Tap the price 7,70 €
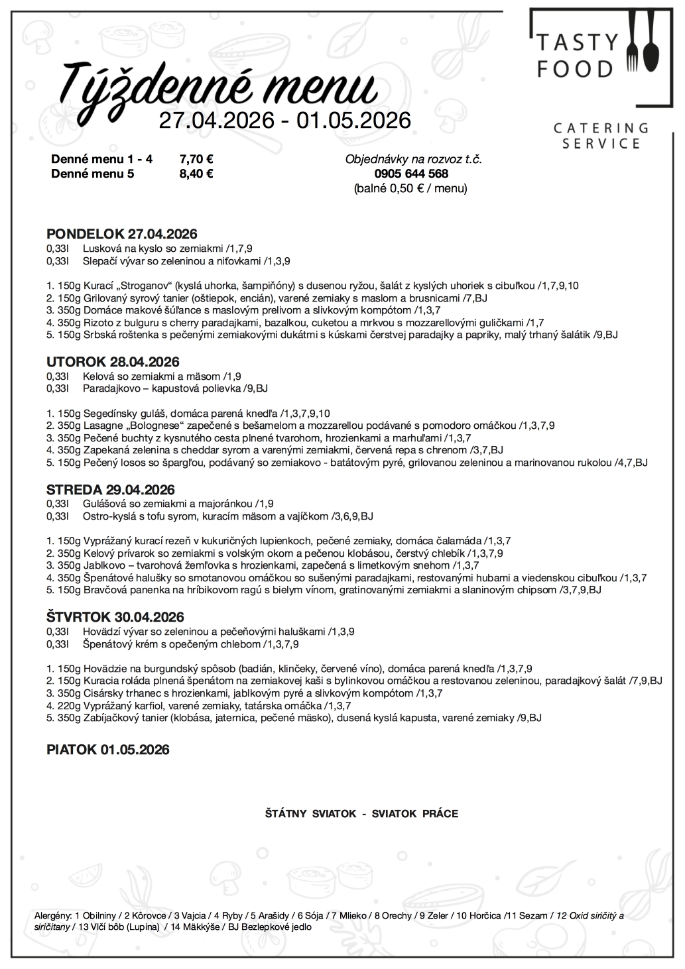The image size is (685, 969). pos(196,159)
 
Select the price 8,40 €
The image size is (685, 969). pos(196,174)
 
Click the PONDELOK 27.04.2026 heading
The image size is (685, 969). pos(122,234)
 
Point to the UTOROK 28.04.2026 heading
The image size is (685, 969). pos(113,362)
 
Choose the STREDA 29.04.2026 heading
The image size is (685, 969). pos(111,490)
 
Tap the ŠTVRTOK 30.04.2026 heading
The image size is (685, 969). pos(115,617)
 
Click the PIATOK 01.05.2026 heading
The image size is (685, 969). pos(108,750)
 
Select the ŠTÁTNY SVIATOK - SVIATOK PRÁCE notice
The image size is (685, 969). pos(361,813)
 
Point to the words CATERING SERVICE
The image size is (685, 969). pos(601,135)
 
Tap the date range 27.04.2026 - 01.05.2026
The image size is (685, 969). pos(284,120)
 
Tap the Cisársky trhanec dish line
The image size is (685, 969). pos(245,693)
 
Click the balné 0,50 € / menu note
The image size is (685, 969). pos(410,188)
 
